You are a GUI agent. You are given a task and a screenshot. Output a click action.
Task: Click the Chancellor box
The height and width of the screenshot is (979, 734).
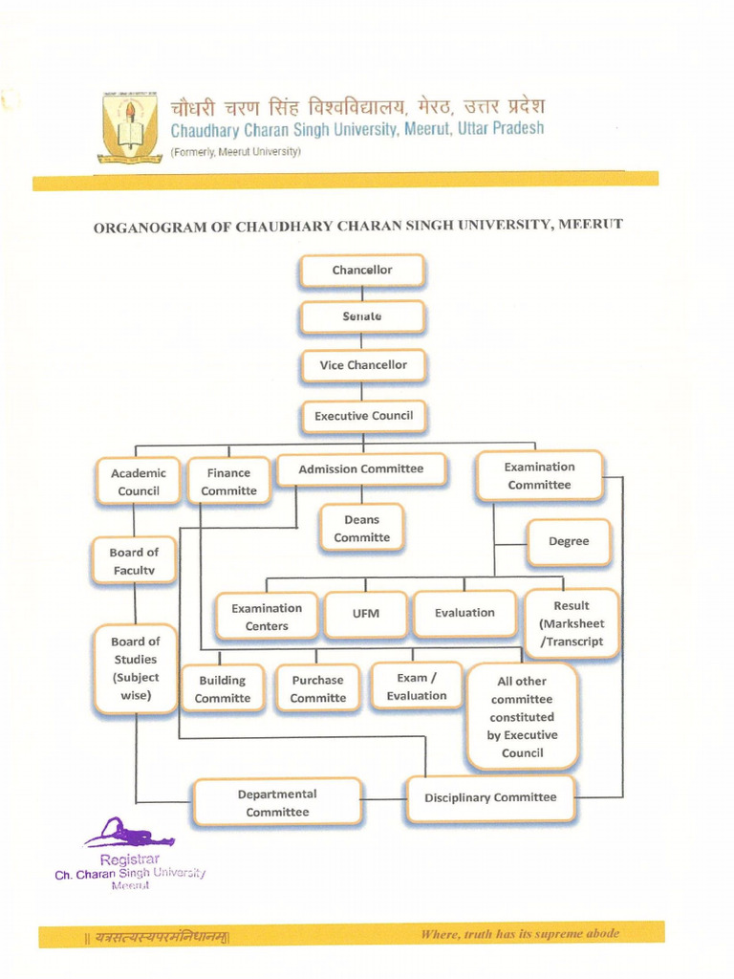[362, 271]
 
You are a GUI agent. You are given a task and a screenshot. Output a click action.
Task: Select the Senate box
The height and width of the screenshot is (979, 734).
[362, 316]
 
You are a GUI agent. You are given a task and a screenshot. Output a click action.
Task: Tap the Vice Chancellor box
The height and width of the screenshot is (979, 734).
[363, 365]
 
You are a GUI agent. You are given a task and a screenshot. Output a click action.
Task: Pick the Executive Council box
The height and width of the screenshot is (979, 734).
[363, 416]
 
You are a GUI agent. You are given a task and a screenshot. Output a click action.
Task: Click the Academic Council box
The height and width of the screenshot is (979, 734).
[139, 482]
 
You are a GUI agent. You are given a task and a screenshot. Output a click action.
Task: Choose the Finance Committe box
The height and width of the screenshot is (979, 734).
[228, 482]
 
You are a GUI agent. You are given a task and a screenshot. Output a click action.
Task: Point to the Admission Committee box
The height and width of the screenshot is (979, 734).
[361, 469]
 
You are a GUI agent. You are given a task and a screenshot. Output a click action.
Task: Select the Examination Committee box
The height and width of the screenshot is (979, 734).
[540, 476]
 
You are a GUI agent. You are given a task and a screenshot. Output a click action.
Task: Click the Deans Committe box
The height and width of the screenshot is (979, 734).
[362, 529]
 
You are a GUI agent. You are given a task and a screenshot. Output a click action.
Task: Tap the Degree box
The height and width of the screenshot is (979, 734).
[569, 542]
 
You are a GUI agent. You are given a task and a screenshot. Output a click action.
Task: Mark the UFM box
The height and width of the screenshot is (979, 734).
[366, 614]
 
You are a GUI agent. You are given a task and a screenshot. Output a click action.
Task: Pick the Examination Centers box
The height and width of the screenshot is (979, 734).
[267, 617]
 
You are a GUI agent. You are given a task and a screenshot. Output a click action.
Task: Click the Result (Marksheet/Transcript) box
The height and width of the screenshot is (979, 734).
[572, 623]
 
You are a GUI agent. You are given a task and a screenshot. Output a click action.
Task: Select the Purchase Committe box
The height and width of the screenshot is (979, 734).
[318, 689]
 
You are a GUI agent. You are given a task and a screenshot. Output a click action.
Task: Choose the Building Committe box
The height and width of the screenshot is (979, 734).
[223, 689]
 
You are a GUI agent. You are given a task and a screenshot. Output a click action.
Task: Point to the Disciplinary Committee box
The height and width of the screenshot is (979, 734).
[490, 798]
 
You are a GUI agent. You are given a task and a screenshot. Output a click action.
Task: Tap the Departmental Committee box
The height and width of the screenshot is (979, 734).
[277, 803]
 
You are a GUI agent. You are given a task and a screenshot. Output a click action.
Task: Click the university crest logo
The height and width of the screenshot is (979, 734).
[129, 126]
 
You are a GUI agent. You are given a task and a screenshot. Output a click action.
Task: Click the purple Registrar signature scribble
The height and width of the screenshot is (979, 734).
[129, 835]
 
